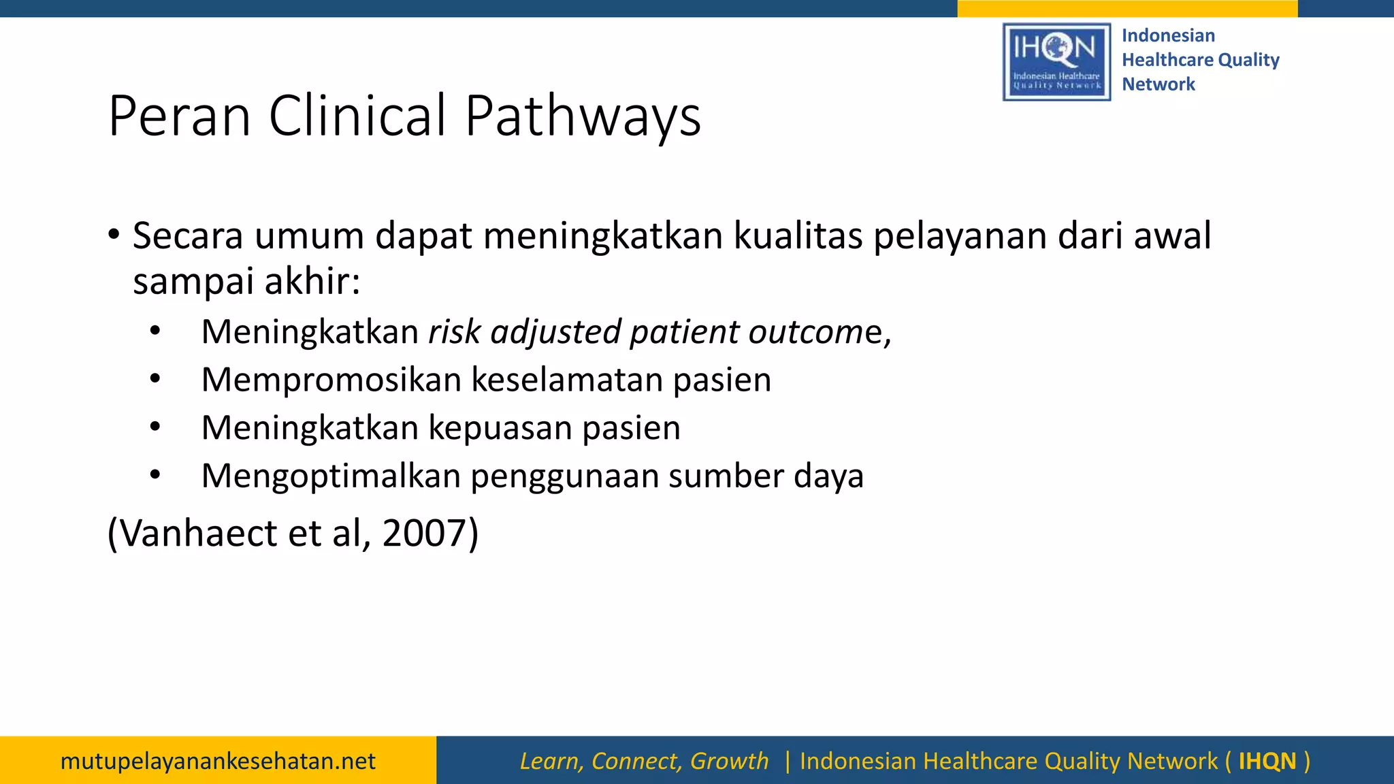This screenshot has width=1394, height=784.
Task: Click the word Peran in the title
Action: (x=180, y=116)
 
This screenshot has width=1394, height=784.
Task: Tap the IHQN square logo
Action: (x=1056, y=62)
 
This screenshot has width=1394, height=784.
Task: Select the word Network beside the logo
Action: (x=1158, y=84)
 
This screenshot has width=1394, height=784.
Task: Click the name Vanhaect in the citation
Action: (x=198, y=533)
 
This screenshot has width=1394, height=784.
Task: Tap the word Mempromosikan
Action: (x=331, y=380)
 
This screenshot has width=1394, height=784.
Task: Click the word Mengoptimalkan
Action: (x=331, y=476)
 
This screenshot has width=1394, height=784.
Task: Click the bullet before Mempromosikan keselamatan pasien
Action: (x=155, y=378)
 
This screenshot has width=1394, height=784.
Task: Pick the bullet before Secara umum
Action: (x=114, y=235)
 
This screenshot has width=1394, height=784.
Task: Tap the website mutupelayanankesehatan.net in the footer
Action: (x=218, y=761)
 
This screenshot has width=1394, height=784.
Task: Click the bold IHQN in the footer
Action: (x=1267, y=761)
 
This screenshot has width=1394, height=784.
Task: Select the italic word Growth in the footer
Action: (x=729, y=761)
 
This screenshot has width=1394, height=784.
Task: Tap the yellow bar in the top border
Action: (x=1126, y=8)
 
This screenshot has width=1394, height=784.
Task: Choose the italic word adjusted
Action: (x=555, y=332)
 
